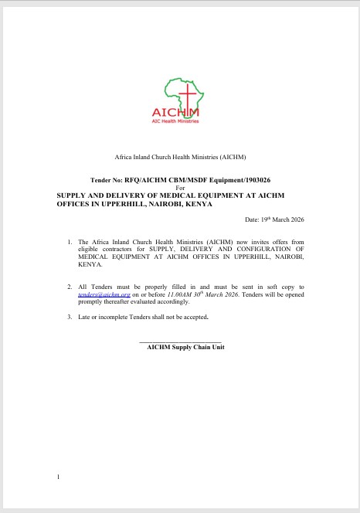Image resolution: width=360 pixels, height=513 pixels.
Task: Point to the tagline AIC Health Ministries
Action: pyautogui.click(x=179, y=122)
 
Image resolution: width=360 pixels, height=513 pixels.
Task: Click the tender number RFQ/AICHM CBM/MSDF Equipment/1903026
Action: pyautogui.click(x=202, y=178)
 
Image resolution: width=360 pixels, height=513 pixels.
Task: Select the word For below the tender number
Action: pyautogui.click(x=181, y=188)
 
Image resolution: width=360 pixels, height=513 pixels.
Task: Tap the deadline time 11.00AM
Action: pyautogui.click(x=184, y=294)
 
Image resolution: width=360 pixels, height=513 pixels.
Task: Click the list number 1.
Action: pyautogui.click(x=70, y=243)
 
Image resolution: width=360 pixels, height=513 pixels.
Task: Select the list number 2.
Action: pyautogui.click(x=70, y=287)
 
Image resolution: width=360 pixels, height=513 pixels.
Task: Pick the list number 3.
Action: pyautogui.click(x=70, y=317)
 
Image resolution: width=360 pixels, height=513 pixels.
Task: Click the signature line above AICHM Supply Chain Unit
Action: pyautogui.click(x=180, y=341)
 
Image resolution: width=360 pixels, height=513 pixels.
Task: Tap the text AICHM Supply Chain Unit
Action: pyautogui.click(x=186, y=348)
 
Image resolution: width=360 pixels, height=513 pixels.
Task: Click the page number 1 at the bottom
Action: pyautogui.click(x=58, y=477)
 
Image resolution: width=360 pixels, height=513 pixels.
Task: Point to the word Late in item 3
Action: pyautogui.click(x=85, y=317)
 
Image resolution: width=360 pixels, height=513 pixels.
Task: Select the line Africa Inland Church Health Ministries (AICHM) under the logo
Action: pyautogui.click(x=180, y=157)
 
